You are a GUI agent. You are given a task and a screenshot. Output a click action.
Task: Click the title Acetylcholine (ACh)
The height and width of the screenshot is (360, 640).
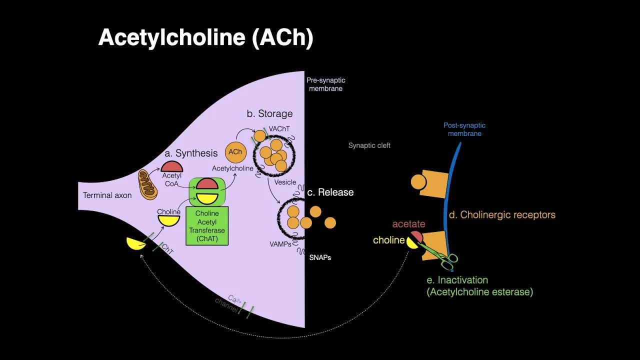coord(205,38)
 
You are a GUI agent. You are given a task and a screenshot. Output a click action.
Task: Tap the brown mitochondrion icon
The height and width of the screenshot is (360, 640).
coord(147,184)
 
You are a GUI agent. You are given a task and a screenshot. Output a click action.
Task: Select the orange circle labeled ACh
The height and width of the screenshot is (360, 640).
coord(235,152)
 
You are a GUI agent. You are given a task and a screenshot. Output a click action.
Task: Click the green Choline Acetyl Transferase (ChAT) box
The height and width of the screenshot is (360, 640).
coord(207,226)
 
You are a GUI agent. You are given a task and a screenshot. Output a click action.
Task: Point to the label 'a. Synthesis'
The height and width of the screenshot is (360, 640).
coord(191,153)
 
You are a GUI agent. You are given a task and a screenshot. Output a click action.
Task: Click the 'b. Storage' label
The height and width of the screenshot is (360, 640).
coord(269,113)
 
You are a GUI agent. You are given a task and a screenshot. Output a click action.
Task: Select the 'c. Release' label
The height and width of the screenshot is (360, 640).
coord(330,192)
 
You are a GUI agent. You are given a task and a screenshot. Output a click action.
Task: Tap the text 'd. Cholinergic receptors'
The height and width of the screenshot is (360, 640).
coord(502,215)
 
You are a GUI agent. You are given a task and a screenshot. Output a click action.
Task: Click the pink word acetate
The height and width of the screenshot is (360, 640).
coord(408,224)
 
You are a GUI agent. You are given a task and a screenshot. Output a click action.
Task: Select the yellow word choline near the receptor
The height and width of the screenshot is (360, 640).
coord(388,240)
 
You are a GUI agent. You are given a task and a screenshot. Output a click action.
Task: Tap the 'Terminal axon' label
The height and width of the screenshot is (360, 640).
coord(107,195)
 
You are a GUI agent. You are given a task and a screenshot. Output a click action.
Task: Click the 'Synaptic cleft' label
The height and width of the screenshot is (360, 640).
coord(369,145)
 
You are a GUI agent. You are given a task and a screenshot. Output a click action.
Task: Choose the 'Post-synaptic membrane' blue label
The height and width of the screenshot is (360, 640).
coord(464,129)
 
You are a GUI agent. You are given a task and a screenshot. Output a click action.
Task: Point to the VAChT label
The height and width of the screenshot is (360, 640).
coord(279,129)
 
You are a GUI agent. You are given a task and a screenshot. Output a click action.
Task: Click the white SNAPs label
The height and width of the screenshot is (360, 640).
coord(320,257)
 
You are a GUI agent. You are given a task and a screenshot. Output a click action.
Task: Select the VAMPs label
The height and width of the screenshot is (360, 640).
coord(280,244)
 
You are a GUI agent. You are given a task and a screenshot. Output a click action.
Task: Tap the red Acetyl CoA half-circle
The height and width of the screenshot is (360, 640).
coord(171,166)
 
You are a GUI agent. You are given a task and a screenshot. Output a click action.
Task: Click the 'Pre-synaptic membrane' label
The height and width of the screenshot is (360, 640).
coord(325,84)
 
